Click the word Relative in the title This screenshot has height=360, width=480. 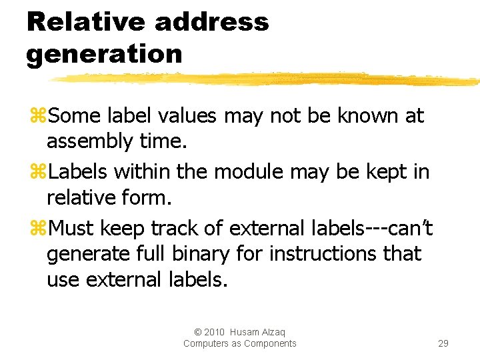point(85,22)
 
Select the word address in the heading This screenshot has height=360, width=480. point(211,22)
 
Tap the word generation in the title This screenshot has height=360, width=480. point(104,53)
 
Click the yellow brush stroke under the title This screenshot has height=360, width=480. point(267,79)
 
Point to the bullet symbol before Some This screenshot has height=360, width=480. point(37,117)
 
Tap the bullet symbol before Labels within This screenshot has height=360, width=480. point(37,173)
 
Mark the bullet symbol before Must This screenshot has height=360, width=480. point(37,229)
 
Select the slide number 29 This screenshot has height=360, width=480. point(443,343)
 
